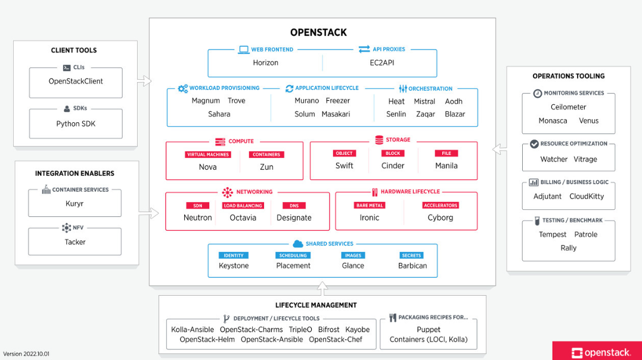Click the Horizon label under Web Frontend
click(265, 63)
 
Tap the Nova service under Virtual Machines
click(207, 167)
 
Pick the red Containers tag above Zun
click(266, 154)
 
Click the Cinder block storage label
click(393, 166)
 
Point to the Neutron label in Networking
click(197, 218)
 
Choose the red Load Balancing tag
click(243, 206)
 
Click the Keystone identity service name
click(234, 266)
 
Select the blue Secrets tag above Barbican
click(412, 255)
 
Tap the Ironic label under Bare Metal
click(369, 218)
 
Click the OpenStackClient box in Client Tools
click(76, 82)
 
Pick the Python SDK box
click(76, 124)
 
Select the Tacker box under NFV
click(75, 242)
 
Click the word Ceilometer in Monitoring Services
click(568, 107)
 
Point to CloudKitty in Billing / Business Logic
click(587, 196)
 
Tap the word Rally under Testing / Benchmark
click(568, 248)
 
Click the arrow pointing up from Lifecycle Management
click(322, 289)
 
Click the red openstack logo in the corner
click(597, 352)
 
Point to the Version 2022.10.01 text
click(26, 354)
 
